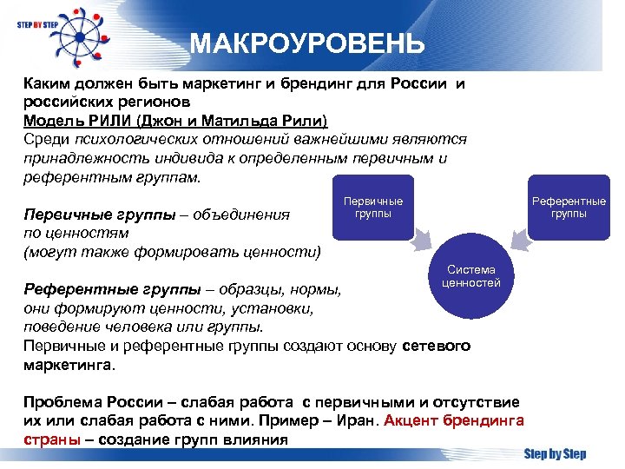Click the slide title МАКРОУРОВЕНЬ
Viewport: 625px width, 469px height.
coord(307,43)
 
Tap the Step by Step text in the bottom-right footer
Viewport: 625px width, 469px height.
coord(555,454)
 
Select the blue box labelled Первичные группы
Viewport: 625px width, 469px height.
coord(373,208)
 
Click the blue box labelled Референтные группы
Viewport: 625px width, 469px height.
coord(569,208)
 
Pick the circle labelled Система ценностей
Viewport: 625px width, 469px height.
coord(471,277)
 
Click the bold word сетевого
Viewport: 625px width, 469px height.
coord(437,346)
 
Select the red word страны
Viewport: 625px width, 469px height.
coord(51,439)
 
